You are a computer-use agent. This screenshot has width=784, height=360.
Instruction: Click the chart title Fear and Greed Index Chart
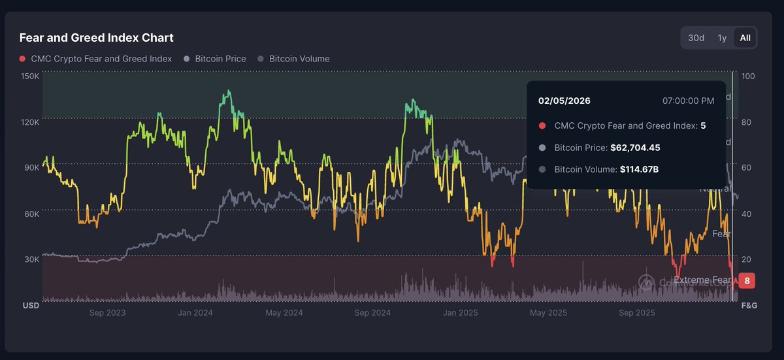96,38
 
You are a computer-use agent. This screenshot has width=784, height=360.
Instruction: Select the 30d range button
696,38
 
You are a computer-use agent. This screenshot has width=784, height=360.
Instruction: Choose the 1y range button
722,38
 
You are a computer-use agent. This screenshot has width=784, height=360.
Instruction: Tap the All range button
745,38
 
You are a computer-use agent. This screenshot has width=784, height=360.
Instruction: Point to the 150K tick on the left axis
31,76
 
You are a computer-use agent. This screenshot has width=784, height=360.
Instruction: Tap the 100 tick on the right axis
748,76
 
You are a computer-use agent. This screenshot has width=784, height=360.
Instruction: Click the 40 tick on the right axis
746,214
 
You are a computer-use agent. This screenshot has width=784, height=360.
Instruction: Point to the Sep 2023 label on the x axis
107,313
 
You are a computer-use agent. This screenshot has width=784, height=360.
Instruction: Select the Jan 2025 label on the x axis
460,313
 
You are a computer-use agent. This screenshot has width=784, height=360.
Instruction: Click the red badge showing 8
747,281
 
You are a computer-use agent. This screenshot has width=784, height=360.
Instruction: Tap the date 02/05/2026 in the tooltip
564,101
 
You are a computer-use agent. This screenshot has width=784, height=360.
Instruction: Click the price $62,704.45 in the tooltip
635,148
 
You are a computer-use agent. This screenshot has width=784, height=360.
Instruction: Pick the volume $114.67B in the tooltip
638,169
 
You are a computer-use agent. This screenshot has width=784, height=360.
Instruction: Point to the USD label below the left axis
31,306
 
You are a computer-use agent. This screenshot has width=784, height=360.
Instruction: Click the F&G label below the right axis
749,306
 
